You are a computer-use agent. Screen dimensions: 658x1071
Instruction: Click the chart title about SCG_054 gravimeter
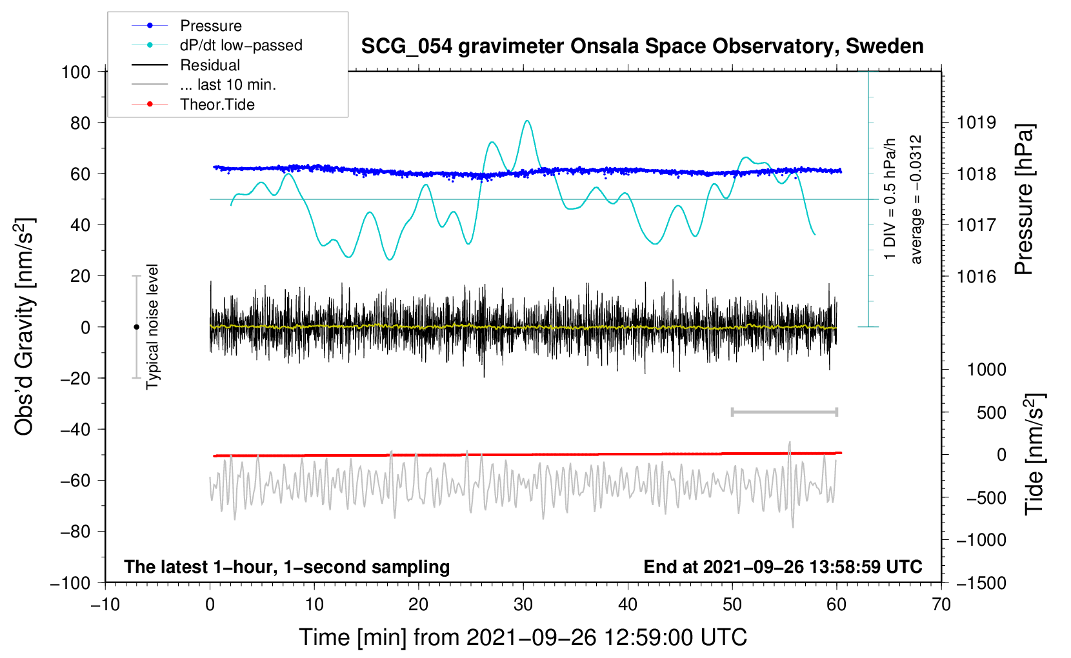(x=642, y=46)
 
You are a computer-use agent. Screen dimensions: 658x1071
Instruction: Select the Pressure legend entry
(x=210, y=26)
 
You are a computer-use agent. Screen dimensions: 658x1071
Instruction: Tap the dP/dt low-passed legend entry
(x=241, y=45)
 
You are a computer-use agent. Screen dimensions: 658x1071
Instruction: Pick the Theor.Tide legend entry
(x=217, y=105)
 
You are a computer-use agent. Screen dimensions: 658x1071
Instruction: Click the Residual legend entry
(x=210, y=65)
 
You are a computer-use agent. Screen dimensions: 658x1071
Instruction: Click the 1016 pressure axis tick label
(x=976, y=277)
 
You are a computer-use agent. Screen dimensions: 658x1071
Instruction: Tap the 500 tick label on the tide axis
(x=991, y=412)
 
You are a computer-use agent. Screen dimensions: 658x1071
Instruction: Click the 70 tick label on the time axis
(x=941, y=604)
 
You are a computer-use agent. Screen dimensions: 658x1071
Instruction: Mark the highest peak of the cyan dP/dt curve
(x=528, y=121)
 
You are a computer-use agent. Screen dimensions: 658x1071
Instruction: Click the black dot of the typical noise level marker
(x=136, y=327)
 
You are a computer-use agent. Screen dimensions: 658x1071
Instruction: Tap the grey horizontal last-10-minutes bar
(x=784, y=412)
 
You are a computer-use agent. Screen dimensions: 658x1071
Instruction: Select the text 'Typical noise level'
(x=152, y=326)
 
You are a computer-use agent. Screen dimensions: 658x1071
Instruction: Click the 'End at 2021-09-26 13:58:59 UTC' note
(x=783, y=566)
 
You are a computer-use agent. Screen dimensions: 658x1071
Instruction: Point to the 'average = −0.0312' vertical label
(x=916, y=199)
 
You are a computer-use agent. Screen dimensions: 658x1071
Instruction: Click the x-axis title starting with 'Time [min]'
(x=523, y=637)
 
